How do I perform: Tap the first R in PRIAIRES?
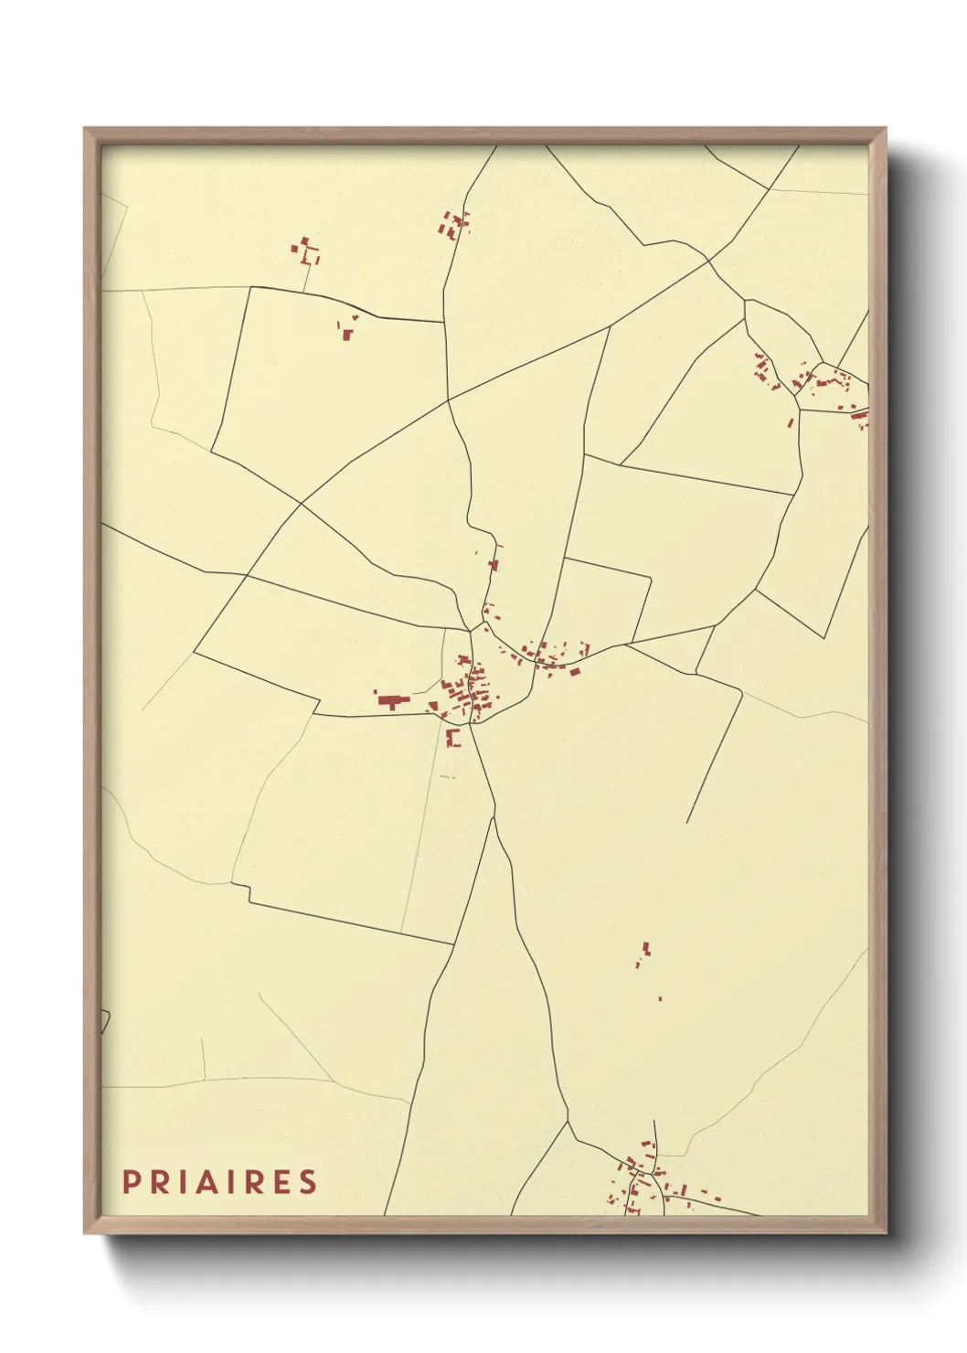(x=159, y=1182)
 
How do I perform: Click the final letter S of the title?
(x=308, y=1182)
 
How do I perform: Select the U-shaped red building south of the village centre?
(x=452, y=738)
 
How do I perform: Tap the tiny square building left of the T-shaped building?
(x=375, y=691)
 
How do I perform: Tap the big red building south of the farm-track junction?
(x=346, y=335)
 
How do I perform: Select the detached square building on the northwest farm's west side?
(x=294, y=248)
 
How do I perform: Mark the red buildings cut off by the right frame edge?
(x=860, y=417)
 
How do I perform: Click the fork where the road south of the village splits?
(x=494, y=818)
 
